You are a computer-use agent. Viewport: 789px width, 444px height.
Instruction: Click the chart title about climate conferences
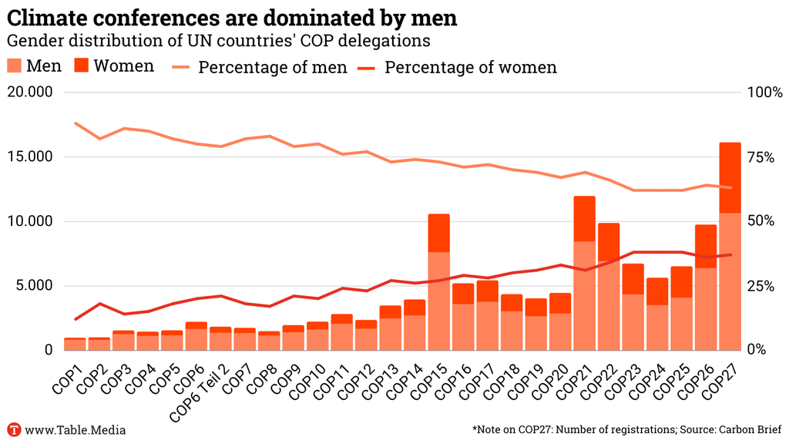[x=232, y=17]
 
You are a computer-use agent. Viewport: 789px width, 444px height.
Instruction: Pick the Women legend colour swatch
[x=82, y=66]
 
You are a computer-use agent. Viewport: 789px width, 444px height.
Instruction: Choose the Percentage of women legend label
[x=470, y=67]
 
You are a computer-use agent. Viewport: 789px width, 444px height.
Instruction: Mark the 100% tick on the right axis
[x=763, y=92]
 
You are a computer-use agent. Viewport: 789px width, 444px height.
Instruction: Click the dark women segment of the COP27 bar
[x=730, y=177]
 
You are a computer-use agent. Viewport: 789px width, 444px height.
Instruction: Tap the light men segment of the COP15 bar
[x=438, y=301]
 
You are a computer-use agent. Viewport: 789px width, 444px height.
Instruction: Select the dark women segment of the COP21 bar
[x=584, y=219]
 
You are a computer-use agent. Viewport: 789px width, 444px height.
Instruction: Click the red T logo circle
[x=13, y=429]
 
